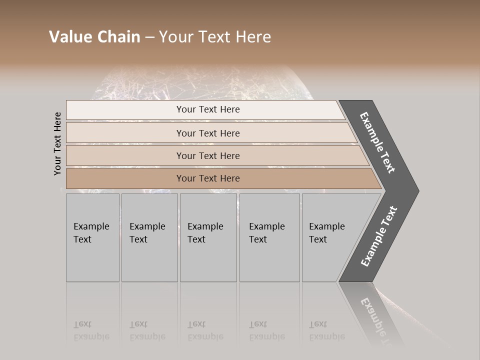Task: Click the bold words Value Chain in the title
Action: click(94, 37)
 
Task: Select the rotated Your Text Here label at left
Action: click(57, 143)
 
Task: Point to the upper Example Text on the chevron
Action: click(377, 142)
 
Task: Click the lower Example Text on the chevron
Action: click(379, 236)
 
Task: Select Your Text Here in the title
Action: click(215, 37)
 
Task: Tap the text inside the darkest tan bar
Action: click(208, 178)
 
